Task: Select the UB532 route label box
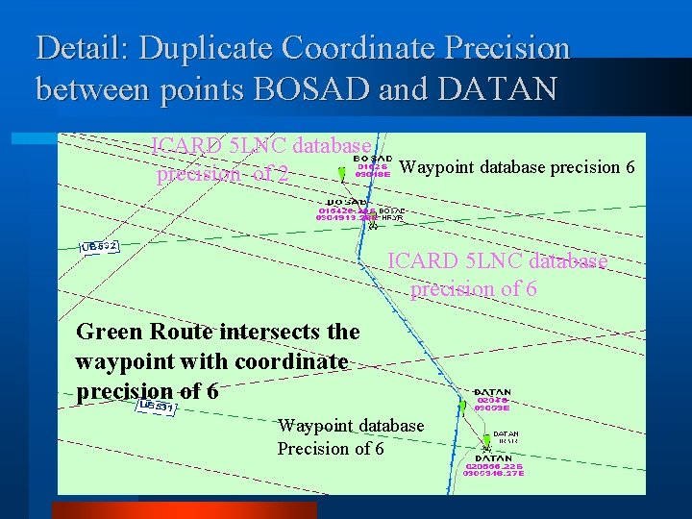point(100,247)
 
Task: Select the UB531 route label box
point(155,408)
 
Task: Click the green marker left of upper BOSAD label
point(341,173)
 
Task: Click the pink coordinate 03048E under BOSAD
point(372,176)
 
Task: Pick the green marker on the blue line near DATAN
point(462,407)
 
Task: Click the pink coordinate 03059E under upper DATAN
point(492,408)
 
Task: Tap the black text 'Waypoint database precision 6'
point(516,167)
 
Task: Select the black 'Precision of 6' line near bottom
point(331,449)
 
